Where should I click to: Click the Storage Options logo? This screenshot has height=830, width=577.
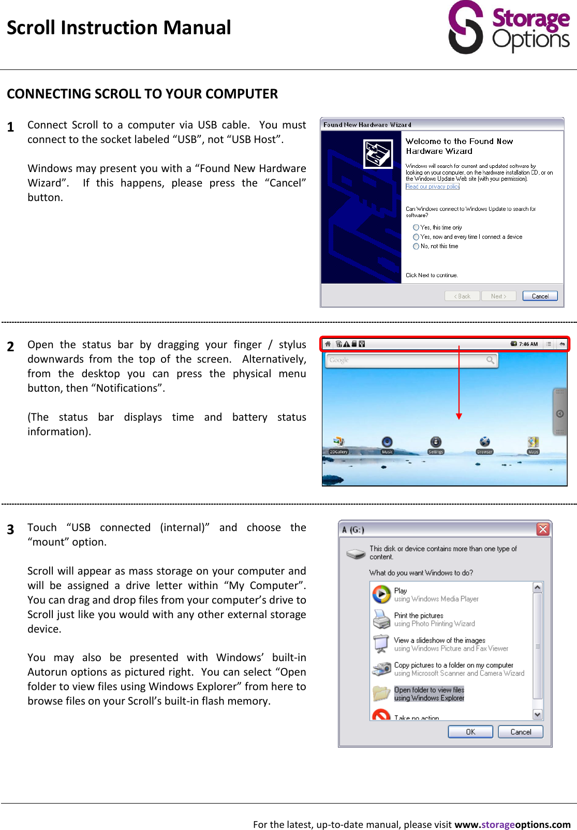coord(508,27)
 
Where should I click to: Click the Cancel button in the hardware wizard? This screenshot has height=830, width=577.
coord(540,296)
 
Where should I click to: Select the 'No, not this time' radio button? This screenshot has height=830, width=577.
coord(416,247)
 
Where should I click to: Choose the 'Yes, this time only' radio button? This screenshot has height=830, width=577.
coord(416,227)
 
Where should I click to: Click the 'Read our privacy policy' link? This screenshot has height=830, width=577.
coord(432,187)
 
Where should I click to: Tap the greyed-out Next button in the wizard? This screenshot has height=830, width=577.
coord(498,296)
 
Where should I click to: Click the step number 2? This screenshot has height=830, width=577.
coord(10,347)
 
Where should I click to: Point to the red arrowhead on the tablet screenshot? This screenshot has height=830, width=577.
coord(459,416)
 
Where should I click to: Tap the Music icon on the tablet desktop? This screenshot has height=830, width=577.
coord(387,442)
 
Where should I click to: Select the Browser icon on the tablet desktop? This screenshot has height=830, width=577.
coord(484,442)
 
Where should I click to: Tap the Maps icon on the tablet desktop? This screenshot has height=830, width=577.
coord(533,442)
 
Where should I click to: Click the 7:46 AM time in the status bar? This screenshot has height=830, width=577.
coord(528,344)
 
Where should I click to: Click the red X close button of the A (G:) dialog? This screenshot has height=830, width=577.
coord(542,529)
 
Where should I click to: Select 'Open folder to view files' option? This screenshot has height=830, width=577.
coord(428,694)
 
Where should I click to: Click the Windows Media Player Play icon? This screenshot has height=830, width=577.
coord(381,594)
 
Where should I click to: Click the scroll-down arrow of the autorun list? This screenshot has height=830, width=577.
coord(537,714)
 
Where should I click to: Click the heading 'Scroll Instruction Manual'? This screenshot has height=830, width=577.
coord(119,27)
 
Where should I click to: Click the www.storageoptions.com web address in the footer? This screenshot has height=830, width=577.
coord(512,824)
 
